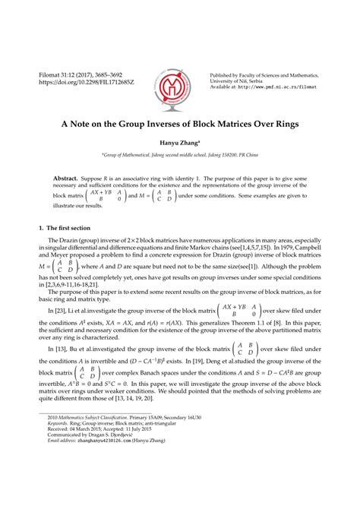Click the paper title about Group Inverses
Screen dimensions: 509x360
(x=180, y=124)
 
